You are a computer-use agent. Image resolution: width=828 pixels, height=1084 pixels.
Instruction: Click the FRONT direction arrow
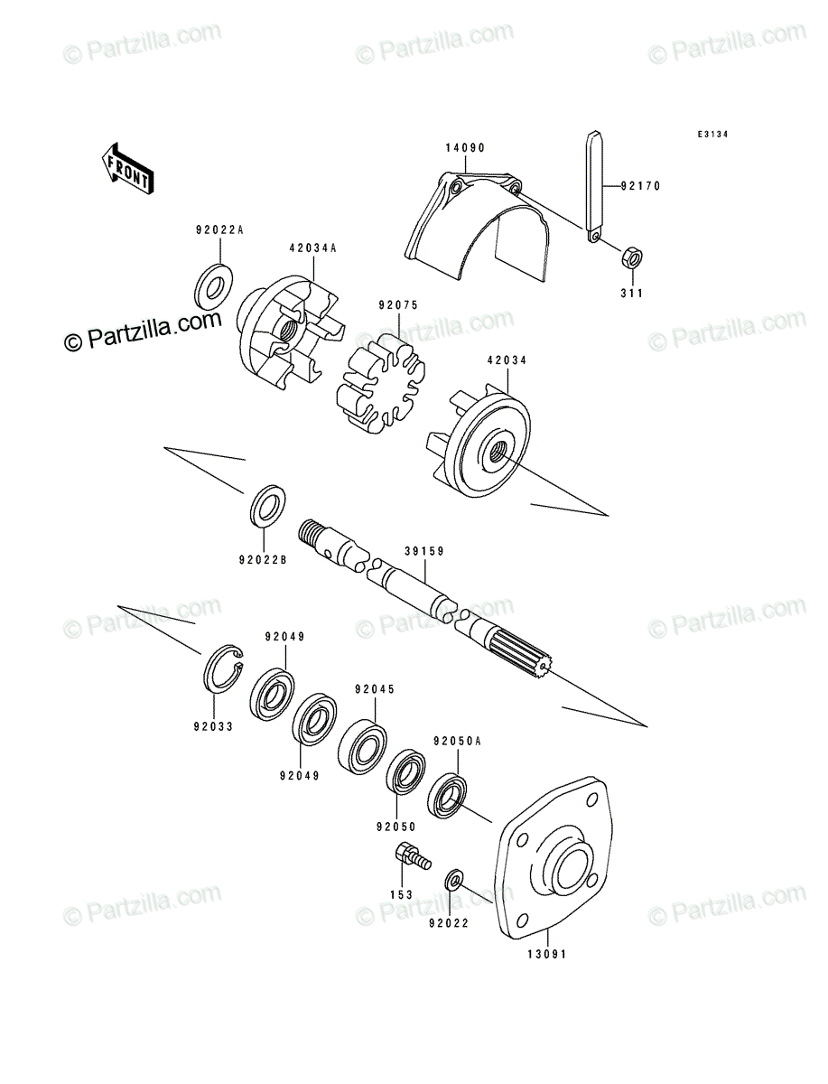(127, 168)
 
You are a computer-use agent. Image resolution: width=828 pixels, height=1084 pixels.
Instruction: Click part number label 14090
(465, 147)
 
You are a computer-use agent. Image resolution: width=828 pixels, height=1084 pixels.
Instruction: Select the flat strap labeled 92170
(595, 187)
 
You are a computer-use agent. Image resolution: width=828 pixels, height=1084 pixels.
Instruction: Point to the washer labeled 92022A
(214, 287)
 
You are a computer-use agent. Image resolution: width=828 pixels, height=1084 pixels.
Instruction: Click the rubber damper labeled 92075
(380, 383)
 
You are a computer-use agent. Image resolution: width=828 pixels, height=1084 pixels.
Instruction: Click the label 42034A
(312, 248)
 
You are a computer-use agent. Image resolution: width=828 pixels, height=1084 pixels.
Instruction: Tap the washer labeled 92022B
(268, 506)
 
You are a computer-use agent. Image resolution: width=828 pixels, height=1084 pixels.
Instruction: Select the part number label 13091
(547, 955)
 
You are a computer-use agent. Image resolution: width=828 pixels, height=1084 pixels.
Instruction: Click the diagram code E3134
(712, 135)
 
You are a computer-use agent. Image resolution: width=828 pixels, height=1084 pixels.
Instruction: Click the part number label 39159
(424, 551)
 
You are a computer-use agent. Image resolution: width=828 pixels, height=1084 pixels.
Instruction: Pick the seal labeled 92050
(405, 771)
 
